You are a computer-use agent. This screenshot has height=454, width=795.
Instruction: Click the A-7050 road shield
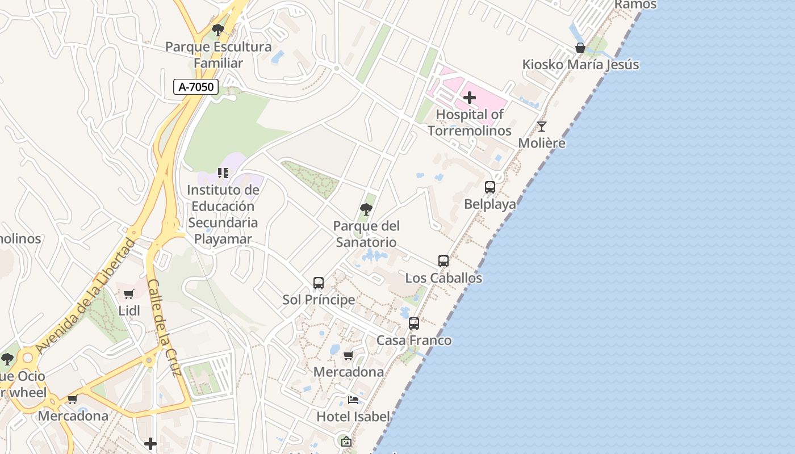196,87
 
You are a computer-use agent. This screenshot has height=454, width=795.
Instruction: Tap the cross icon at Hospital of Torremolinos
470,98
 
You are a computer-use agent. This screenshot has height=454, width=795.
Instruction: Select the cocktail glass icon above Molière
542,127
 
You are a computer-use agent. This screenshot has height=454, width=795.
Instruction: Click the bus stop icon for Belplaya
490,187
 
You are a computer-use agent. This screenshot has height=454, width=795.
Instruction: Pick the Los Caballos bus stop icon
443,261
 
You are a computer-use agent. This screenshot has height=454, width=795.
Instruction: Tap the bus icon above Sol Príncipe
319,283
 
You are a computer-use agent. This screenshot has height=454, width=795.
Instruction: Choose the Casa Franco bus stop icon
414,323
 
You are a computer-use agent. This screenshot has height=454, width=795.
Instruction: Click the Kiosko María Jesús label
580,65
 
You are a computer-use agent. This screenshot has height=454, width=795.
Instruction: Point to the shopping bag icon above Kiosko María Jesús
580,48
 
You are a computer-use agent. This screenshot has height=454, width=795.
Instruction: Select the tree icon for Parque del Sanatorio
366,209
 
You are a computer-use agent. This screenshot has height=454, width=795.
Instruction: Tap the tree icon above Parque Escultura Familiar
217,30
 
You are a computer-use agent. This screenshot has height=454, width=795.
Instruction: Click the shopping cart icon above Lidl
129,294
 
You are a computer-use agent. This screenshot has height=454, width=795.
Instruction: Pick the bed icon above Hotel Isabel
353,400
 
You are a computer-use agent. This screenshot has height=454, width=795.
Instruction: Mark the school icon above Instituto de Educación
223,173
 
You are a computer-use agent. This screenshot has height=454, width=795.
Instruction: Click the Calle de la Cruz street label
164,327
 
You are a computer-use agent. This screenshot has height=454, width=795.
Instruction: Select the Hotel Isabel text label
353,417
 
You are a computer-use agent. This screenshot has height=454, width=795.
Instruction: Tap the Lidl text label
129,310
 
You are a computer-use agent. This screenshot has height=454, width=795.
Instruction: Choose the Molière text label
542,143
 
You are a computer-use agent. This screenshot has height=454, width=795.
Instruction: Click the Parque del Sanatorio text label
366,234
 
